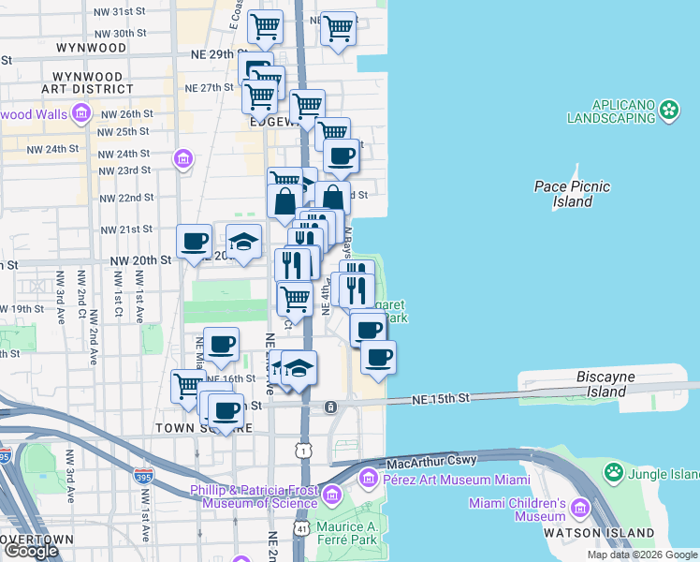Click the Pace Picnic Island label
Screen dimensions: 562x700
coord(572,194)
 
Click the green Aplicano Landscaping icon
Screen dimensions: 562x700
coord(669,111)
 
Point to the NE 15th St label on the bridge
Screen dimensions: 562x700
coord(440,399)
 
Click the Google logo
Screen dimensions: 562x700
coord(31,551)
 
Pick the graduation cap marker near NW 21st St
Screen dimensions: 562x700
coord(243,242)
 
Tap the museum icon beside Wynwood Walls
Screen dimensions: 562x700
coord(81,115)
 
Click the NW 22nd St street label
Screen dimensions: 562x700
coord(125,199)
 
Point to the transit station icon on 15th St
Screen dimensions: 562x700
coord(330,407)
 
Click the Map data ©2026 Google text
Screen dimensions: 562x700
coord(641,555)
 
